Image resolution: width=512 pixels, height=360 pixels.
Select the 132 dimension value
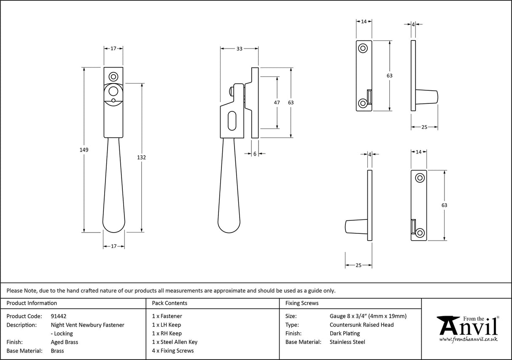[x=142, y=157]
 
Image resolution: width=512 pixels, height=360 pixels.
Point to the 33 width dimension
[x=239, y=49]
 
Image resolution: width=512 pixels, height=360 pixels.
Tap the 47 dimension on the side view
[x=277, y=103]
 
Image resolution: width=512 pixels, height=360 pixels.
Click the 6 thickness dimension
[x=255, y=154]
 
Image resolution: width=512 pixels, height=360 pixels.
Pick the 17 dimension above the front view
[x=113, y=49]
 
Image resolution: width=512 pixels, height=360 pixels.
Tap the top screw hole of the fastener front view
[x=113, y=77]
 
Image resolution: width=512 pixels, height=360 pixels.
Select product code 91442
[x=58, y=316]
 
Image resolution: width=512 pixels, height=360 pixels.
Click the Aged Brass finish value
[x=64, y=342]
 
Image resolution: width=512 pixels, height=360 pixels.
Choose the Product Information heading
[x=32, y=303]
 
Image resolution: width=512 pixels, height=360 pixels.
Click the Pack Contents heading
[x=170, y=303]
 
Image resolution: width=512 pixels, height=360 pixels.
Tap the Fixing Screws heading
[x=302, y=303]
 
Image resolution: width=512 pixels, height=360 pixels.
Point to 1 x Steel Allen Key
[x=175, y=342]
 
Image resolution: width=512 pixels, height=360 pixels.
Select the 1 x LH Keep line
[x=166, y=325]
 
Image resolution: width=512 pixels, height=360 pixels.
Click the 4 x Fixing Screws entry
[x=173, y=351]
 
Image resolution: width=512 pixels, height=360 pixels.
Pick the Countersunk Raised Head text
[x=361, y=325]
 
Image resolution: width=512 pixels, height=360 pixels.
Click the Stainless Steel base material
[x=347, y=342]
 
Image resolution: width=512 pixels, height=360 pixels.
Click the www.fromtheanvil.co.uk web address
[x=468, y=339]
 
